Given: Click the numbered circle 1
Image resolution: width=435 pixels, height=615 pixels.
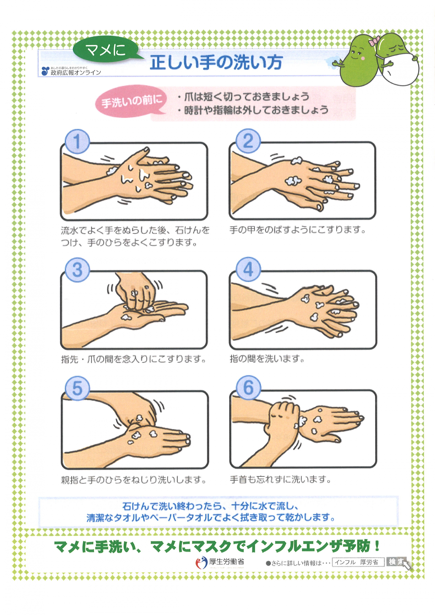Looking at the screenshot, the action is [x=77, y=141].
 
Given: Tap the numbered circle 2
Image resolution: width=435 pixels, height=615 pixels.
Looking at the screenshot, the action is [x=248, y=141].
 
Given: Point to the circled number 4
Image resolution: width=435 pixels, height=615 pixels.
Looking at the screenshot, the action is [x=248, y=269].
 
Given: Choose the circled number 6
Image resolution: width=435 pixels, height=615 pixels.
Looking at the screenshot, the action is [x=248, y=387].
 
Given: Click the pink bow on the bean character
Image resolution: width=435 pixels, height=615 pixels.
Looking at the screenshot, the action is [x=374, y=41].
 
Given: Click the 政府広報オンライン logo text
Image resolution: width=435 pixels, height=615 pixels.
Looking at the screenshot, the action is [x=76, y=72].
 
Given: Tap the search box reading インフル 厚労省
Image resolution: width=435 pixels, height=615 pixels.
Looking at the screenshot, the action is [x=358, y=562].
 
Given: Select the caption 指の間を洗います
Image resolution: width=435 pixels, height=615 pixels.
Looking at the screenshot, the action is [x=267, y=358].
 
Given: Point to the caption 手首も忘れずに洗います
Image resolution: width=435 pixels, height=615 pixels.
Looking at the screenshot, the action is [x=280, y=479].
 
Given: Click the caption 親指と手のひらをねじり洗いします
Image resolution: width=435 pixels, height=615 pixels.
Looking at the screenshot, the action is [x=133, y=480].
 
